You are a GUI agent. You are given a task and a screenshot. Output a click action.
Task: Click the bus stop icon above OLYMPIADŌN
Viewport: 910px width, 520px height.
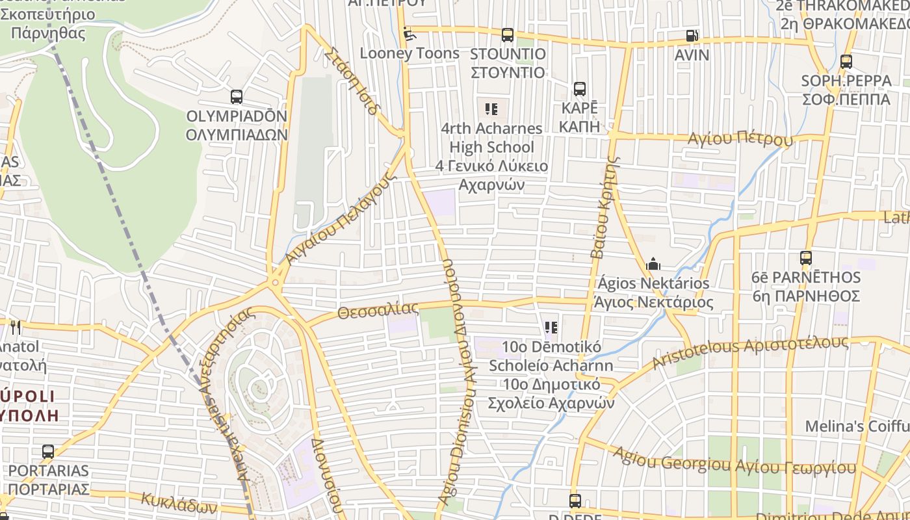[x=237, y=97]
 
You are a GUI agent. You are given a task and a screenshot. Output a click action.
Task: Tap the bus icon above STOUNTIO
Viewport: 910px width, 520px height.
[x=508, y=34]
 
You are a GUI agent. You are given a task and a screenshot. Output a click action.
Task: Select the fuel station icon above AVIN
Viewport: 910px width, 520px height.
[x=692, y=36]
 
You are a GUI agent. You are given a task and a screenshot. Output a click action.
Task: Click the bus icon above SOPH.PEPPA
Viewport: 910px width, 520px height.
[x=846, y=62]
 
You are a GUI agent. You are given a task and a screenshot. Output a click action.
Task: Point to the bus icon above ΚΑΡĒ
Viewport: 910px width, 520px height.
[x=579, y=89]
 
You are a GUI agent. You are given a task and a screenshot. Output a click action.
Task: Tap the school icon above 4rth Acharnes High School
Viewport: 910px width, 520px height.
[x=491, y=109]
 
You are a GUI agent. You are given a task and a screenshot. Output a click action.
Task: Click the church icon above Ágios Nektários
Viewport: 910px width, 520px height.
[x=653, y=264]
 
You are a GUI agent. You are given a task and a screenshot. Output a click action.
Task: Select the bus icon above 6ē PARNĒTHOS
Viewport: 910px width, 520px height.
[x=806, y=257]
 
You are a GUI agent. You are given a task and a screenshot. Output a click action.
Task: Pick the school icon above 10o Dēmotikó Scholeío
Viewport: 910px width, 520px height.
[x=551, y=327]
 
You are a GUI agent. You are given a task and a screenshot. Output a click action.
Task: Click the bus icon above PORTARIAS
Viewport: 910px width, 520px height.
[x=48, y=451]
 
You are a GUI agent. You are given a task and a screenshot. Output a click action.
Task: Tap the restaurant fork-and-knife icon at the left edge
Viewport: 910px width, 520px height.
[x=14, y=326]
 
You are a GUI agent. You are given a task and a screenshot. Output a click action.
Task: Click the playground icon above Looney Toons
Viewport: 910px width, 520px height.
[x=408, y=32]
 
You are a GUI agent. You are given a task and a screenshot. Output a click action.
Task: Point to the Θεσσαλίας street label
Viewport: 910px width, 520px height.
[x=378, y=311]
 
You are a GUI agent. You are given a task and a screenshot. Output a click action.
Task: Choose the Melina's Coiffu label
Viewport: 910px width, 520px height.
[x=857, y=426]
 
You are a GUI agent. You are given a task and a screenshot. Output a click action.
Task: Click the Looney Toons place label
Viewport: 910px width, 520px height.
[x=409, y=53]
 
